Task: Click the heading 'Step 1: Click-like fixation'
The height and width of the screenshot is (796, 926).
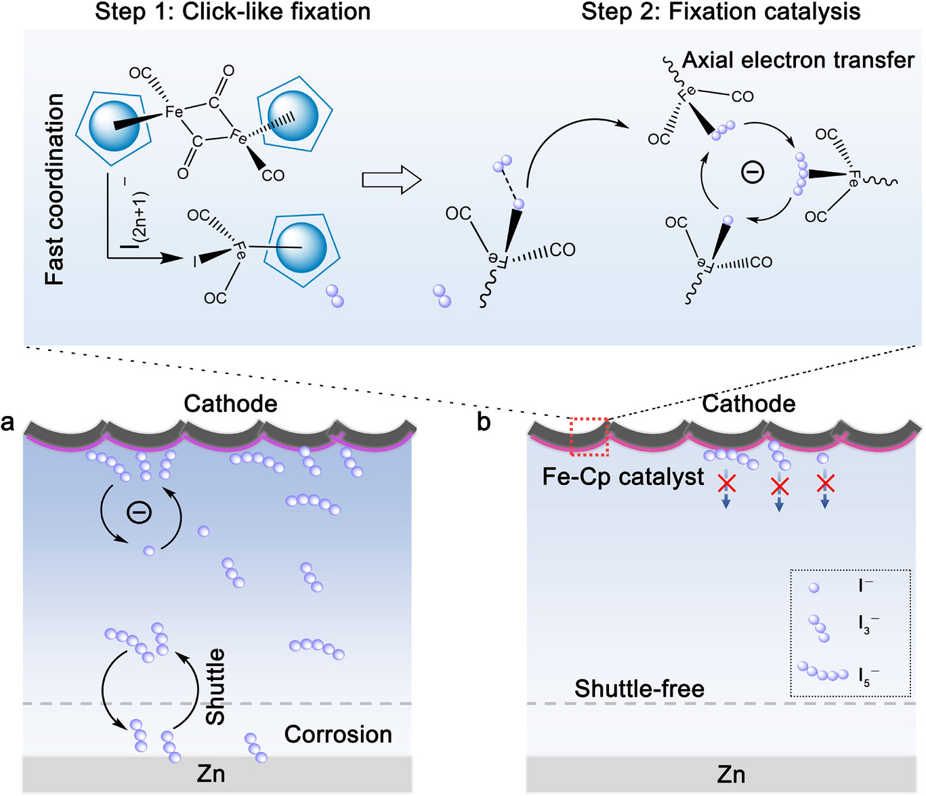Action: (x=232, y=12)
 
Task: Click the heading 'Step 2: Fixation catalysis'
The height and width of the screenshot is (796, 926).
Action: (x=721, y=12)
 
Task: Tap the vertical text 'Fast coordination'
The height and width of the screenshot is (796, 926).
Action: (x=55, y=189)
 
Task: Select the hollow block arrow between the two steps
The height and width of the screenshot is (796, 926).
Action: (x=392, y=180)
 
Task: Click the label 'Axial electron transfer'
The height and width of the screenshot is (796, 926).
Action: (x=798, y=60)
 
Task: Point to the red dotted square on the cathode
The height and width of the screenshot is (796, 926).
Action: (x=589, y=437)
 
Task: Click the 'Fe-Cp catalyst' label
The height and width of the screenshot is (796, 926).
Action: (x=623, y=477)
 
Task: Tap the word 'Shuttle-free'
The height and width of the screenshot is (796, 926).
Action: (x=639, y=689)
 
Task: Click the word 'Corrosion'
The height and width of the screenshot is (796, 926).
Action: (x=338, y=734)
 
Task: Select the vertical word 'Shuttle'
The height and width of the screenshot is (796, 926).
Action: (x=215, y=686)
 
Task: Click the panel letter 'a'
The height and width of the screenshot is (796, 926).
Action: (x=7, y=422)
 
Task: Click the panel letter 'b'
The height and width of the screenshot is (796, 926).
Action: (x=484, y=421)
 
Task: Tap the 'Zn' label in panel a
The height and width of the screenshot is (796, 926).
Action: (x=211, y=774)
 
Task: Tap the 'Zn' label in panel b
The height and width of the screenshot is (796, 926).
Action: (x=731, y=774)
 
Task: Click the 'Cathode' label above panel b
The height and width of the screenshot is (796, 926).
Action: (x=749, y=404)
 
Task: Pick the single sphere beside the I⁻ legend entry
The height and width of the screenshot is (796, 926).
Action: (x=814, y=587)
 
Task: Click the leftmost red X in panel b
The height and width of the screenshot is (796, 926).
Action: (x=727, y=483)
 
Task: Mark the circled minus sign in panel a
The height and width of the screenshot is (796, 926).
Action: (x=140, y=513)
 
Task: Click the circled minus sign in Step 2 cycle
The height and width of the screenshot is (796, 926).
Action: (x=753, y=172)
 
